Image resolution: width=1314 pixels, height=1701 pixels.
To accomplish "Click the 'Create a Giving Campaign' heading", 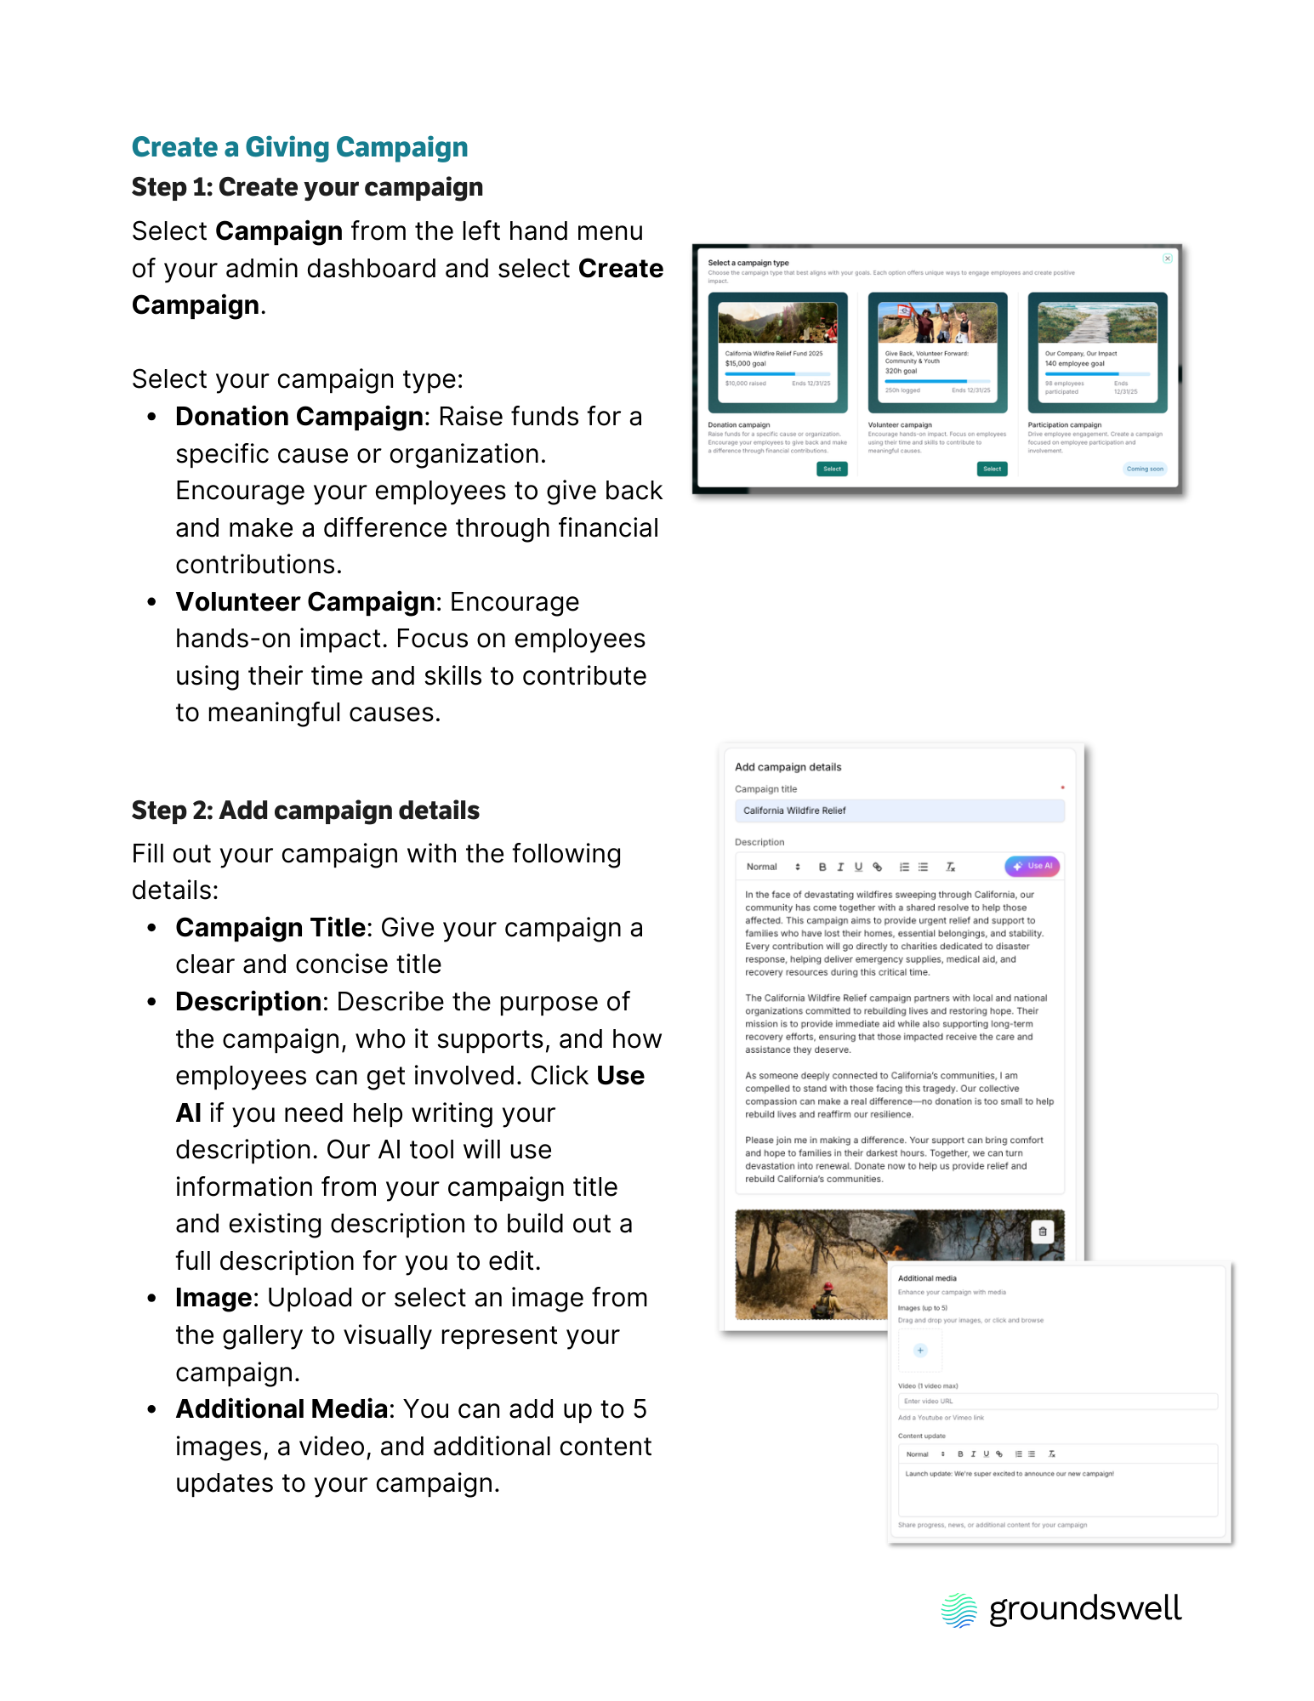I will click(299, 147).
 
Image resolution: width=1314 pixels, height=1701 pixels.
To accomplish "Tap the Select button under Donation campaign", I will click(832, 469).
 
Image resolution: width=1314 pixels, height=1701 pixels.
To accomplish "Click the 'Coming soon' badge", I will click(1144, 469).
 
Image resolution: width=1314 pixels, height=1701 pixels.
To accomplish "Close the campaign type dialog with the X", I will click(1168, 259).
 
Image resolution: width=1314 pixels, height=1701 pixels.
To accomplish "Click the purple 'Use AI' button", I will click(1033, 866).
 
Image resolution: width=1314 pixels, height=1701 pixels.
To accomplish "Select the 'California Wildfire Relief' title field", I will click(898, 811).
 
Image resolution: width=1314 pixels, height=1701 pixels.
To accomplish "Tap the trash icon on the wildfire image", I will click(1043, 1232).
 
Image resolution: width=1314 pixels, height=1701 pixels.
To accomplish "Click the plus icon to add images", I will click(920, 1351).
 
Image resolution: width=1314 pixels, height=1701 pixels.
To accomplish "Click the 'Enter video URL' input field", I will click(1057, 1401).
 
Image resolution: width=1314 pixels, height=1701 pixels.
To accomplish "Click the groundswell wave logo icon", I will click(959, 1610).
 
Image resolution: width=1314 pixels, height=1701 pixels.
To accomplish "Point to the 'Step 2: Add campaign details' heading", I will click(305, 811).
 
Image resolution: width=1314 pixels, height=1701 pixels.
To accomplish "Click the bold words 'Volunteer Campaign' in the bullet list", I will click(305, 602).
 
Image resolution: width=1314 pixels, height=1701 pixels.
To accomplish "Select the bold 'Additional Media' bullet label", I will click(282, 1409).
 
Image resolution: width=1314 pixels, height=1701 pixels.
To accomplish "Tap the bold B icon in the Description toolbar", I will click(822, 867).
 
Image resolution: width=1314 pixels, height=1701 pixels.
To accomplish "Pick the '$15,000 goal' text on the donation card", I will click(746, 363).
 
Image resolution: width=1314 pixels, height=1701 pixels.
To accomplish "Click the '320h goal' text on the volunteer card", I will click(901, 371).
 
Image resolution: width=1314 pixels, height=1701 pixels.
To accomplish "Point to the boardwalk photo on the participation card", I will click(1097, 323).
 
